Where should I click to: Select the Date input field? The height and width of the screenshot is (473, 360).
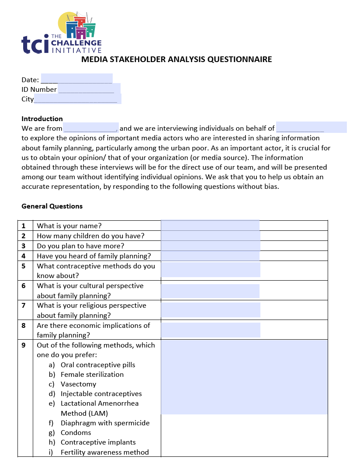(76, 79)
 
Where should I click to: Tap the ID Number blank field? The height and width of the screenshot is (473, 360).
(89, 89)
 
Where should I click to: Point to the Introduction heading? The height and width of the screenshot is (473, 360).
(42, 118)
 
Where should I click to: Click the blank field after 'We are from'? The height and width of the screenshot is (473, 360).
(91, 128)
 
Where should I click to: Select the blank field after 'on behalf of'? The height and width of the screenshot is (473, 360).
(311, 128)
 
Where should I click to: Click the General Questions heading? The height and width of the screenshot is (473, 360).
(52, 206)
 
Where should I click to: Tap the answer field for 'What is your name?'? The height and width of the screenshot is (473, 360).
(210, 226)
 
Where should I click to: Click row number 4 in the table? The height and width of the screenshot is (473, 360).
(24, 256)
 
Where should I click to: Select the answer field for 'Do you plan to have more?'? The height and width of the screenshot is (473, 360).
(210, 246)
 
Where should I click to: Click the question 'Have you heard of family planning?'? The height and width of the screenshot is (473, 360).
(94, 256)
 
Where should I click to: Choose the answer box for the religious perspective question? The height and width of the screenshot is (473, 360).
(210, 310)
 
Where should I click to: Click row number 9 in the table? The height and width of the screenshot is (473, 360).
(24, 345)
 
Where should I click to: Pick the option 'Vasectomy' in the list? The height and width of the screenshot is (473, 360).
(78, 384)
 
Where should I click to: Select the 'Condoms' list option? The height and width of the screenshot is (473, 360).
(76, 432)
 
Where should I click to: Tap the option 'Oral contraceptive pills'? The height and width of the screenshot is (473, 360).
(98, 365)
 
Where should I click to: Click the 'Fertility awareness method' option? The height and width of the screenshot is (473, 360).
(104, 452)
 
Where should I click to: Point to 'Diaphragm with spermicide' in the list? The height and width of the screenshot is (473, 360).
(105, 423)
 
